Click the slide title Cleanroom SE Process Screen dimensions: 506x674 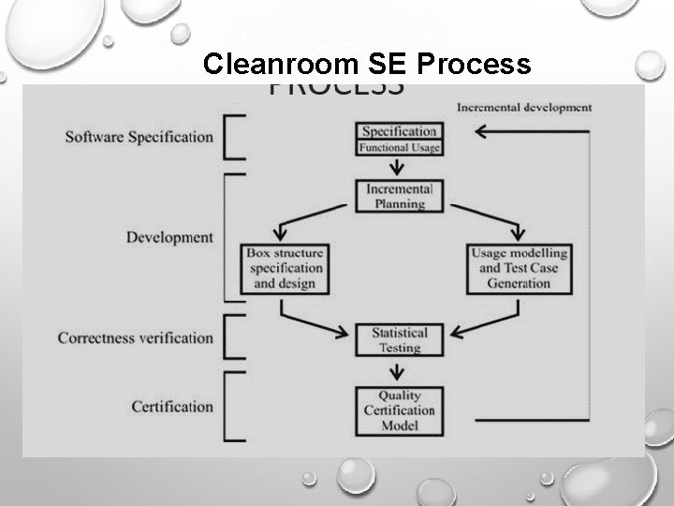[367, 64]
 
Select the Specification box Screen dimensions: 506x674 [399, 138]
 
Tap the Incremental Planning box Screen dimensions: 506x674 [399, 195]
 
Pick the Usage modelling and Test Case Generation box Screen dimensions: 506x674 [517, 268]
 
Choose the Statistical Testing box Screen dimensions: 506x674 [399, 340]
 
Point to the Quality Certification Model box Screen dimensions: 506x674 [399, 410]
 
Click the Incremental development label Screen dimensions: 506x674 [524, 107]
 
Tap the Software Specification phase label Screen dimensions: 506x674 [139, 137]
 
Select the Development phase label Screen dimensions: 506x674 [169, 237]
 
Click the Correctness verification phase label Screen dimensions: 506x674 [135, 337]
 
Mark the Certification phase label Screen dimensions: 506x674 [172, 407]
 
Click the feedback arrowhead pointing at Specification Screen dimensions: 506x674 [481, 132]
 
